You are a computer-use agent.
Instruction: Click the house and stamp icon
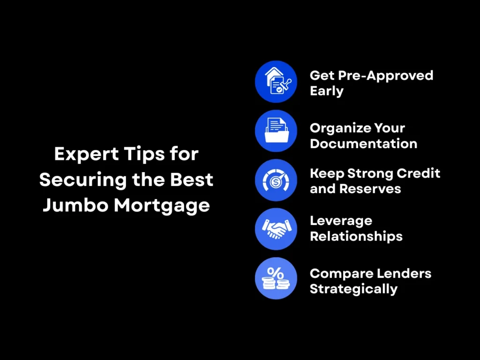point(276,82)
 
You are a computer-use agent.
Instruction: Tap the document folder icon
point(276,131)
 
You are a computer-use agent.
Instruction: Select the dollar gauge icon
point(276,180)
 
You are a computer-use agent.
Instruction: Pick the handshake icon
point(276,229)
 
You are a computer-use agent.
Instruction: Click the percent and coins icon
point(276,278)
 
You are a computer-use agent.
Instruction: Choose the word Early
point(327,91)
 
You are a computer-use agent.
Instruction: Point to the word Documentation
point(364,143)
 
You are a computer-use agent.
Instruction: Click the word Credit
point(419,173)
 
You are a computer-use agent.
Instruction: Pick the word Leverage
point(341,221)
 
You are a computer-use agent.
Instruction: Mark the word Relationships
point(356,236)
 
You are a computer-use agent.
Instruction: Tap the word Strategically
point(353,289)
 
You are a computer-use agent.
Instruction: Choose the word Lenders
point(403,273)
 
